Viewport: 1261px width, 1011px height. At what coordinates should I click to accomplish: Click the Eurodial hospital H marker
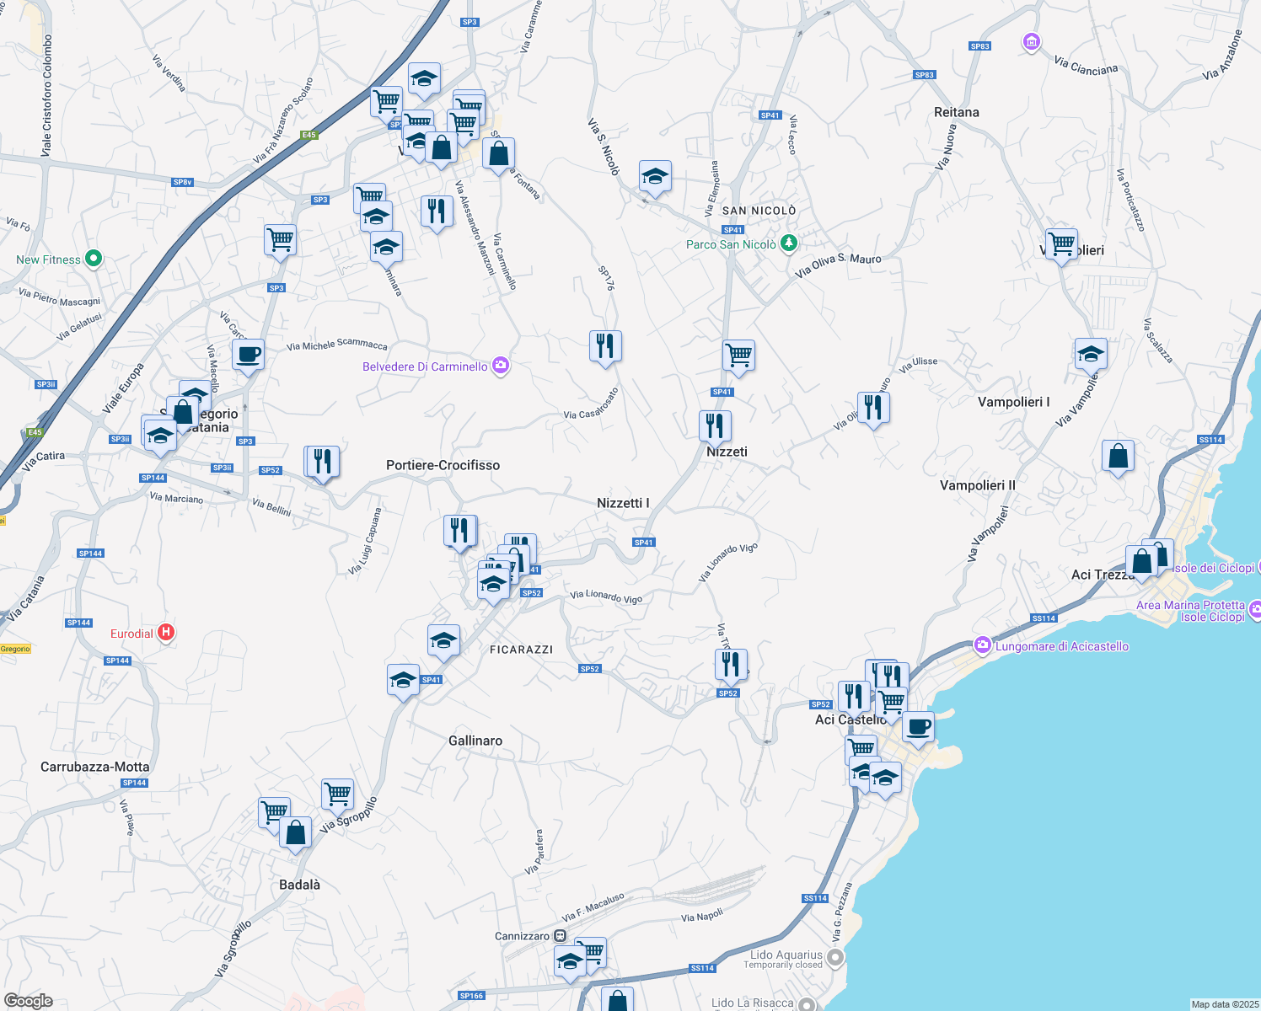tap(166, 632)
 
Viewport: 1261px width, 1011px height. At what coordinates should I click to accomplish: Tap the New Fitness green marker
tap(94, 259)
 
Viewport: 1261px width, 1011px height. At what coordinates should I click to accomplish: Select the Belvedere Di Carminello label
tap(425, 366)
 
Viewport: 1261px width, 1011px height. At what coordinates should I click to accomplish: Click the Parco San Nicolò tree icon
tap(788, 243)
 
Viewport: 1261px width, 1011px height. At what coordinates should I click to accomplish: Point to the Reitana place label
tap(956, 112)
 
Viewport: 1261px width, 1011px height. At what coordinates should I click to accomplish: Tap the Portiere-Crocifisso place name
tap(443, 465)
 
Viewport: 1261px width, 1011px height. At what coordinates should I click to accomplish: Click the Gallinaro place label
tap(475, 741)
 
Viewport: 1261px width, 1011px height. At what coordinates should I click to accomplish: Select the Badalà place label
tap(299, 885)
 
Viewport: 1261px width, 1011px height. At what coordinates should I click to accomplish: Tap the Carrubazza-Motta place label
tap(95, 767)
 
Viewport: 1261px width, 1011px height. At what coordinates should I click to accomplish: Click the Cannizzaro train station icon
tap(561, 936)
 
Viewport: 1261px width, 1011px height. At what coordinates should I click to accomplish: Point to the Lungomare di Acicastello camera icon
tap(982, 646)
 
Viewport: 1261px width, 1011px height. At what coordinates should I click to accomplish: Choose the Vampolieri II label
tap(978, 485)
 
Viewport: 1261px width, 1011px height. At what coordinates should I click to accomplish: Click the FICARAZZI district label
tap(521, 650)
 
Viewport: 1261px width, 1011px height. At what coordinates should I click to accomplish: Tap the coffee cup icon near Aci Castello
tap(918, 726)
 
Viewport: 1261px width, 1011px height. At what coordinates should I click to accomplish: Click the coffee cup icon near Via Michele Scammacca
tap(248, 354)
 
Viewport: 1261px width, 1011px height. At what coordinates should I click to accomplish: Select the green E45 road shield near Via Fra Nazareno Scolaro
tap(309, 135)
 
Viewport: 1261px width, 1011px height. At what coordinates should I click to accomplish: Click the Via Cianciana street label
tap(1086, 67)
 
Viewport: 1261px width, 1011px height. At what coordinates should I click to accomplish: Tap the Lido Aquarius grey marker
tap(835, 958)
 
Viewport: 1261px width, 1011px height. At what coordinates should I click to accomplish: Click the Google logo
tap(29, 1001)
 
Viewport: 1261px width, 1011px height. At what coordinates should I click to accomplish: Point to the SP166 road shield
tap(471, 996)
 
